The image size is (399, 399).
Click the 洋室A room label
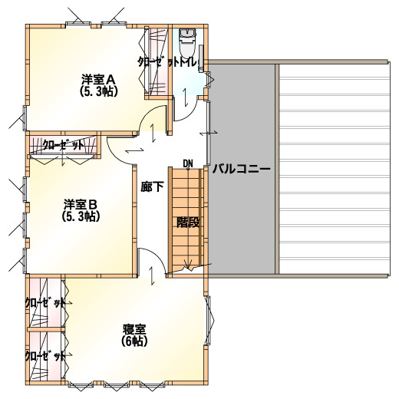click(99, 79)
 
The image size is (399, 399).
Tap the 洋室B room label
click(81, 204)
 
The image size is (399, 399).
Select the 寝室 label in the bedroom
click(134, 329)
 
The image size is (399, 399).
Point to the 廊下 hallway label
click(152, 186)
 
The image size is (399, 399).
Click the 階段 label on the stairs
click(188, 223)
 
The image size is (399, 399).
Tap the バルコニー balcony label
click(242, 169)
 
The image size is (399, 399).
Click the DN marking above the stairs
click(188, 163)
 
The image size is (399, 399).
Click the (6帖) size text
click(134, 341)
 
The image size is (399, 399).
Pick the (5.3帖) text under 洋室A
click(99, 91)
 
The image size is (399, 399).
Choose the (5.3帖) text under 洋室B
click(81, 216)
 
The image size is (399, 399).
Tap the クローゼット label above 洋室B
click(63, 145)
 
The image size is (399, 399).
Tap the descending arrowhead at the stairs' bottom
click(189, 264)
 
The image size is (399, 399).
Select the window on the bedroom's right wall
click(209, 321)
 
